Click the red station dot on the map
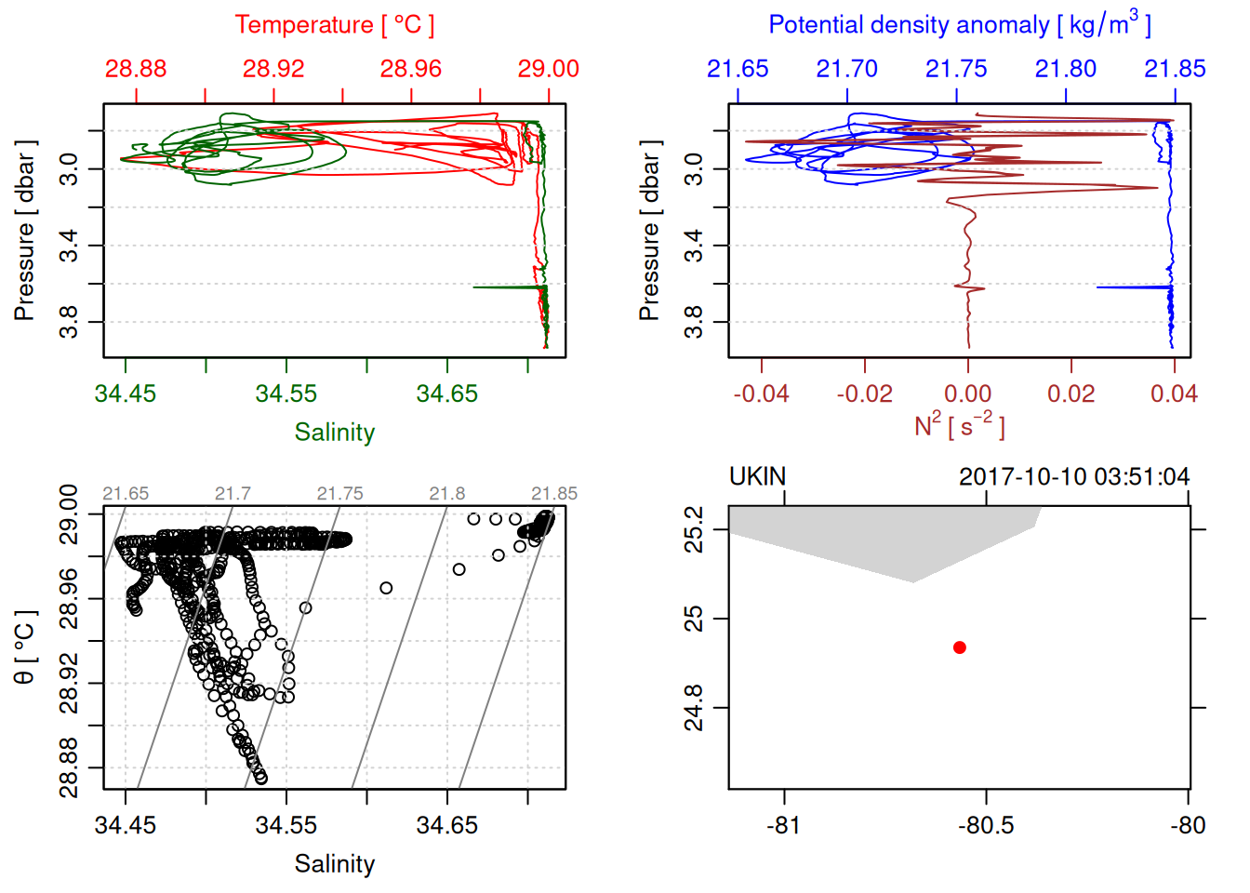pos(960,647)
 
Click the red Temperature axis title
pos(334,25)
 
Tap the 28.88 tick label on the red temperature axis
pos(136,69)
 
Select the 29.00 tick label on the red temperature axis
pos(548,69)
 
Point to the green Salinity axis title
pos(334,433)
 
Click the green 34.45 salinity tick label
pos(126,394)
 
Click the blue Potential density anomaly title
pos(959,25)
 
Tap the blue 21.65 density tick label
pos(738,69)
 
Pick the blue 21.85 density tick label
pos(1175,69)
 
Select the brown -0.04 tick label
pos(761,394)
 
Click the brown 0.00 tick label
pos(967,394)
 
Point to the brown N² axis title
pos(959,425)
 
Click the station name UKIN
pos(757,477)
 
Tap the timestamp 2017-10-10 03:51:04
pos(1074,477)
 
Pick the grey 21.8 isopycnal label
pos(446,494)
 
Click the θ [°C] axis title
pos(24,647)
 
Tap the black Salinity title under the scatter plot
pos(334,864)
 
